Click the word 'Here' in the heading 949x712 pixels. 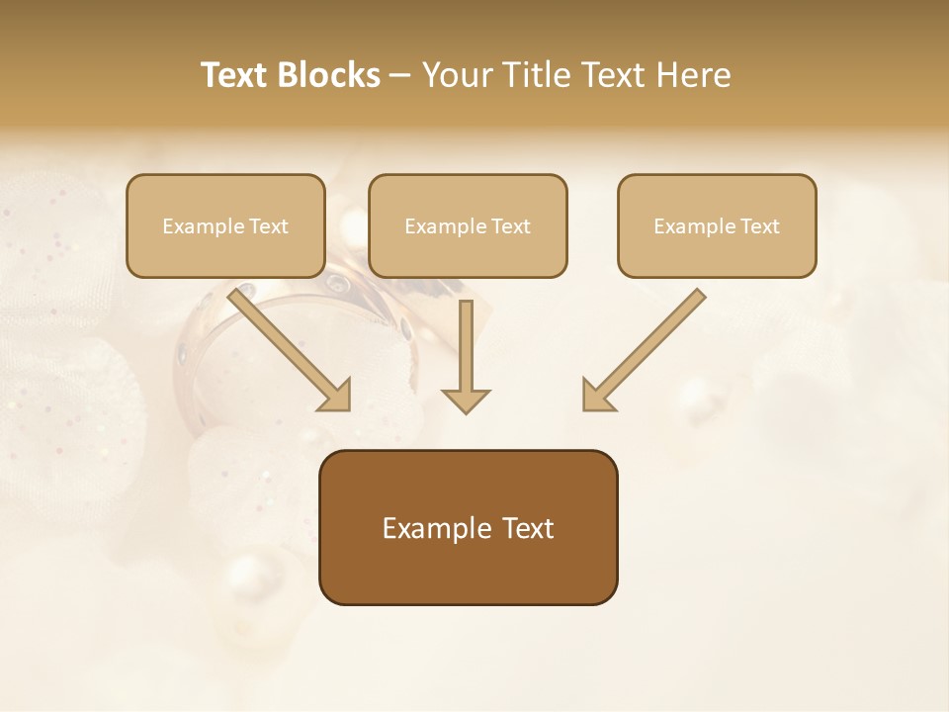click(x=692, y=75)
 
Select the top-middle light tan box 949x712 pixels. click(x=468, y=252)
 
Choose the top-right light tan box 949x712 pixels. click(x=717, y=252)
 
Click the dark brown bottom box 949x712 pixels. click(x=468, y=569)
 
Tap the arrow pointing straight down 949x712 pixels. click(x=466, y=356)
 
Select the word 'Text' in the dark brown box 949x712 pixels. click(x=529, y=528)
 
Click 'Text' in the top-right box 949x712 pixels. click(x=759, y=226)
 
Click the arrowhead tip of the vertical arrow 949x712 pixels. click(x=466, y=410)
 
